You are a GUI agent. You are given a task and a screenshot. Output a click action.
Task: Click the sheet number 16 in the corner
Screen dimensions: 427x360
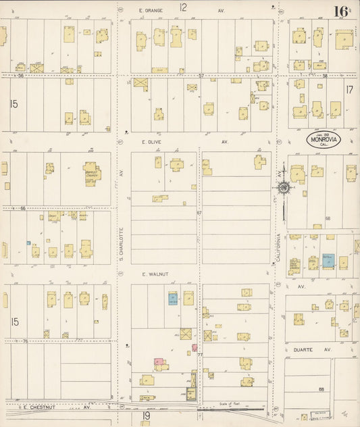pos(340,11)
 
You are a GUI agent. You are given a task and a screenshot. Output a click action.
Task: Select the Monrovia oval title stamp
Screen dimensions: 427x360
pos(323,140)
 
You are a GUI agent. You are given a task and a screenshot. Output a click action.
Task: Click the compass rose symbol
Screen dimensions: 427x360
pos(284,188)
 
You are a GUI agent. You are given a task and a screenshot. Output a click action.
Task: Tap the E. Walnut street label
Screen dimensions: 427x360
pos(154,274)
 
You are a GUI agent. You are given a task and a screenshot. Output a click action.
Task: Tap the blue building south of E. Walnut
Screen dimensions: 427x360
pos(172,298)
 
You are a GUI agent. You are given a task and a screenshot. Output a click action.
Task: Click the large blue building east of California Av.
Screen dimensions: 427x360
pos(328,260)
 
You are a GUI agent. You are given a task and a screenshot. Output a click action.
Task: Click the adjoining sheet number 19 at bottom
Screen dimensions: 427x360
pos(145,417)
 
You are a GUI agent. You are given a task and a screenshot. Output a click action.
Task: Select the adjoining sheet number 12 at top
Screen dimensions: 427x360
pos(183,7)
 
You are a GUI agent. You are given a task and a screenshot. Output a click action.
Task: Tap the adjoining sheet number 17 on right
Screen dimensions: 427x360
pos(349,89)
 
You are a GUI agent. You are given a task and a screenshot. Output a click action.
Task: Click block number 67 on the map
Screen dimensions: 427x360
pos(199,213)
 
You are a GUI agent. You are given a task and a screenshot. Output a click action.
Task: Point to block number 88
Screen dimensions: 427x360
pos(322,389)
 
